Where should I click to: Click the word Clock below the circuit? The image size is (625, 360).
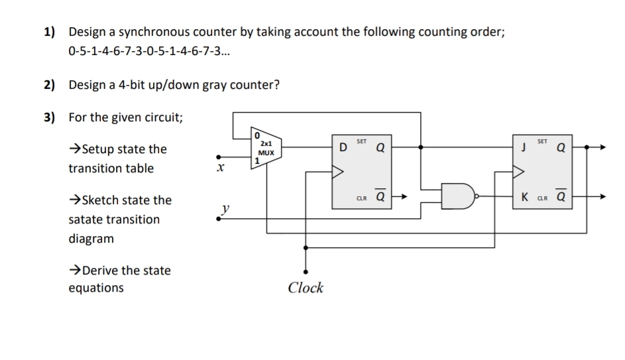point(306,288)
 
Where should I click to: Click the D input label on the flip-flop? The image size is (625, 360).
point(343,147)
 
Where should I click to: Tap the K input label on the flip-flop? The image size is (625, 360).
point(524,197)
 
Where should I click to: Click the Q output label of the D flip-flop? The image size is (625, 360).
point(380,148)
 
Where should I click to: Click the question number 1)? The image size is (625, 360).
point(50,32)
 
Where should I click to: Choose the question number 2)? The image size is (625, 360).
point(50,85)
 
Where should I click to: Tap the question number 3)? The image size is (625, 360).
point(50,117)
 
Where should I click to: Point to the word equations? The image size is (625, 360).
point(95,288)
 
